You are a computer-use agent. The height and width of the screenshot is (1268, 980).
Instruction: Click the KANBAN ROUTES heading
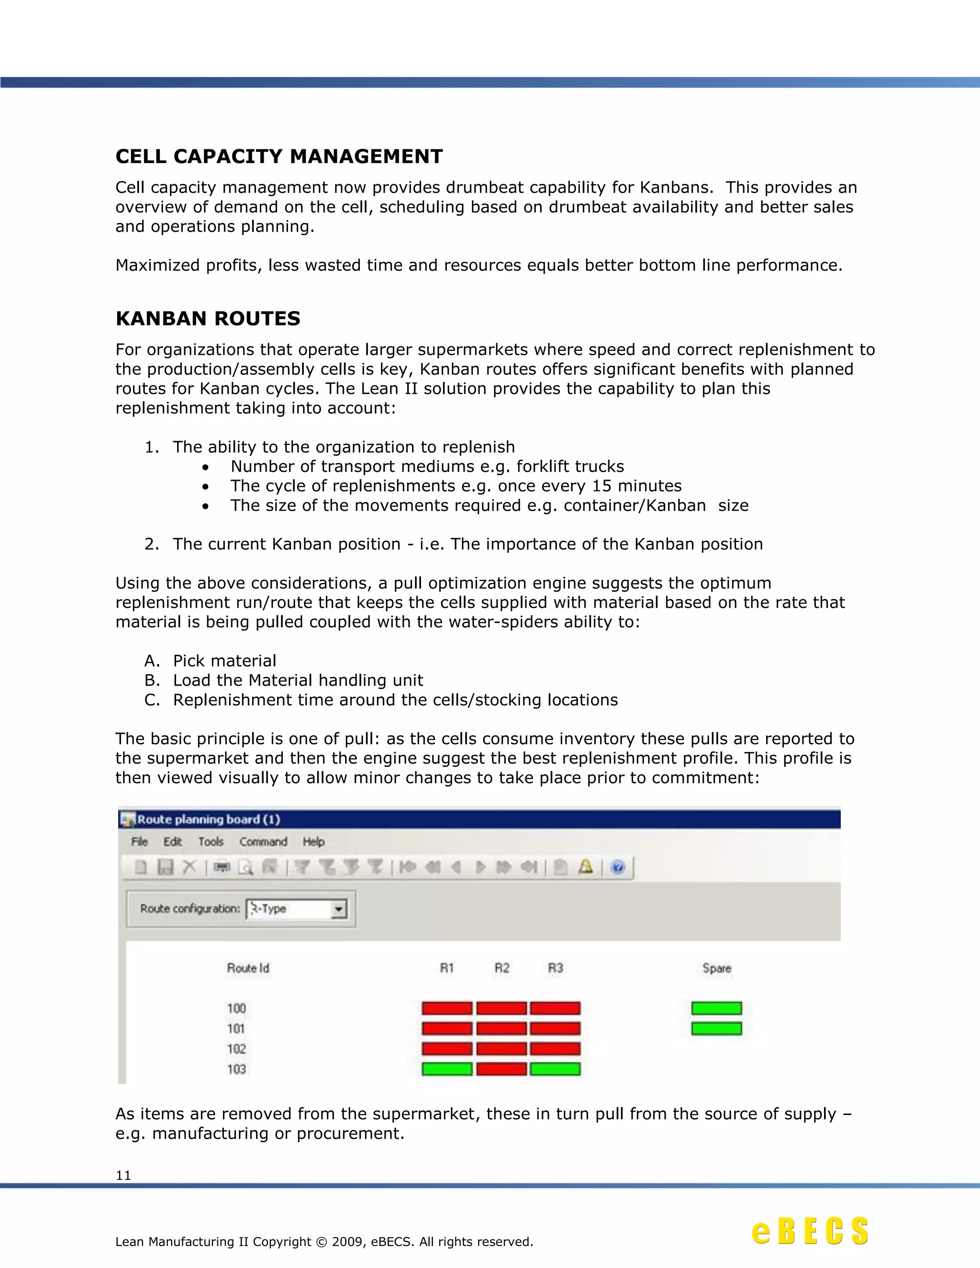click(x=208, y=318)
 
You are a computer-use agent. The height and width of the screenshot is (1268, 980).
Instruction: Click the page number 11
click(x=123, y=1175)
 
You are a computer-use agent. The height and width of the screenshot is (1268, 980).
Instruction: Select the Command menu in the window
click(x=263, y=842)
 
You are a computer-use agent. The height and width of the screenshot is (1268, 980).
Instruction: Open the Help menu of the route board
click(x=313, y=842)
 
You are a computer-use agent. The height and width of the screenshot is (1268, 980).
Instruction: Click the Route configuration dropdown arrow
click(x=338, y=909)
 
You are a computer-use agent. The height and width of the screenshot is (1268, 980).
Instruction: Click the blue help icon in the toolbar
click(x=618, y=868)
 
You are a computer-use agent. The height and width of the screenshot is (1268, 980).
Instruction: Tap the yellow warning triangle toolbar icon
click(x=586, y=868)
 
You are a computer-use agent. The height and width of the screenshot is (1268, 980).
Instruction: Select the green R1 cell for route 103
click(x=446, y=1069)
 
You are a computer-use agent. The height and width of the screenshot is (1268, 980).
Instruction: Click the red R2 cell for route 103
click(x=501, y=1069)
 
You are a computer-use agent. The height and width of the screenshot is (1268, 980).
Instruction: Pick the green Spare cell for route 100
click(x=716, y=1008)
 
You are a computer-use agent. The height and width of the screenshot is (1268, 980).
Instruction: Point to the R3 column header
click(x=555, y=968)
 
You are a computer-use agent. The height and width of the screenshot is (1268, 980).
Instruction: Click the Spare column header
click(x=716, y=968)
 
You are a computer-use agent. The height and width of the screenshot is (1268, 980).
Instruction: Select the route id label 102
click(x=236, y=1048)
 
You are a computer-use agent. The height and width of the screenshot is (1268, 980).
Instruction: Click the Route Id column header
click(x=248, y=968)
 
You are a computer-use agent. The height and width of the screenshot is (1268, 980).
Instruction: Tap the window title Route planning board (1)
click(x=209, y=819)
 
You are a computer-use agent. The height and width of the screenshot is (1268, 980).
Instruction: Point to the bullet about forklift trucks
click(x=427, y=466)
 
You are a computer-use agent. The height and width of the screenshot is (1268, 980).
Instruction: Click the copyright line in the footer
click(x=324, y=1241)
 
